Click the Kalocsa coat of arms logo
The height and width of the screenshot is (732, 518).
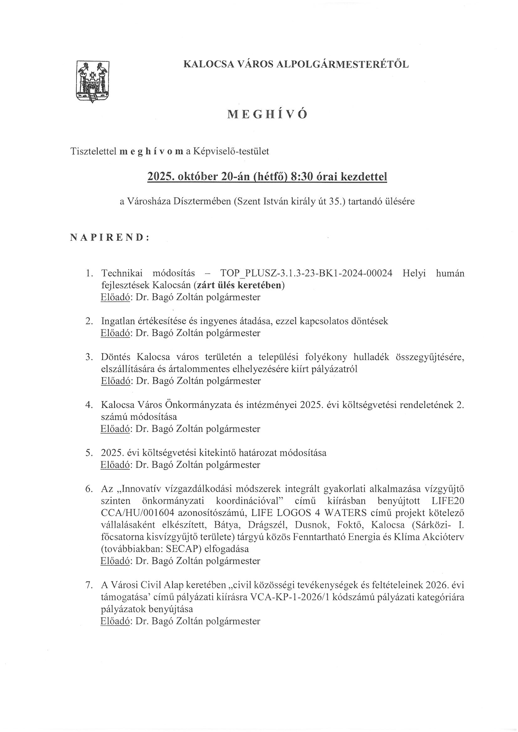pyautogui.click(x=92, y=82)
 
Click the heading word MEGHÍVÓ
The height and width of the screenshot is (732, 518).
pyautogui.click(x=267, y=115)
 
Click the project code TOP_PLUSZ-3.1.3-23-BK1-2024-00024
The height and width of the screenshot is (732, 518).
pyautogui.click(x=306, y=274)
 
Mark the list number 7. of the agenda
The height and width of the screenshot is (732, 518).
pyautogui.click(x=89, y=585)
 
